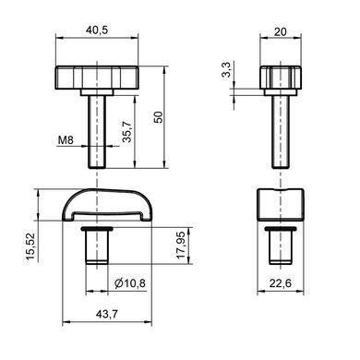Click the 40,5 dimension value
pos(97,30)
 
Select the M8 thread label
pos(66,140)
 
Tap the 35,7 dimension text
pos(126,132)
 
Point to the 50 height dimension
pos(158,117)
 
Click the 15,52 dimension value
pos(30,246)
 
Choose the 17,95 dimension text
pos(181,245)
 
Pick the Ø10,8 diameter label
pos(130,282)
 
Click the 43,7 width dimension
pos(107,314)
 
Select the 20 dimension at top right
pos(280,31)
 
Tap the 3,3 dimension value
pos(226,69)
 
